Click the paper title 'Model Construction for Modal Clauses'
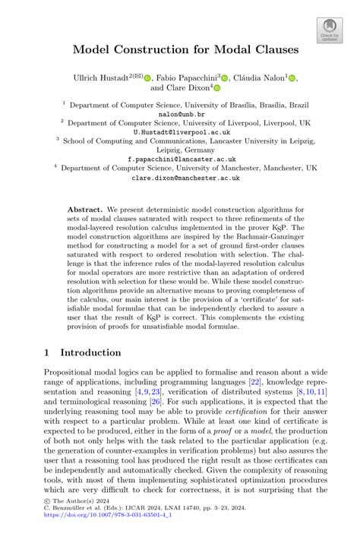coord(180,50)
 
